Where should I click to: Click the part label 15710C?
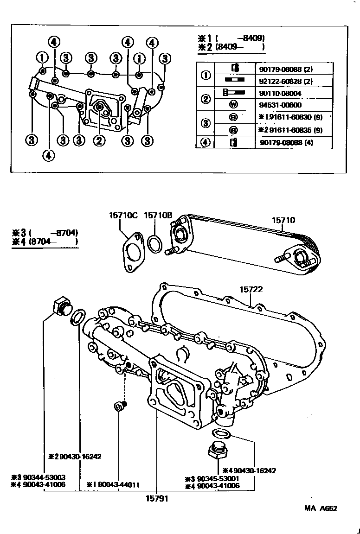pos(123,215)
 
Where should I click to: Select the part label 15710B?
pos(158,215)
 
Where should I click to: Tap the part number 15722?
pos(251,289)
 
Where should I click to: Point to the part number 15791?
pos(155,499)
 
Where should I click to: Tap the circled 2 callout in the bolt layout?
pos(98,140)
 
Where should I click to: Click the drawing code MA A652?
pos(321,508)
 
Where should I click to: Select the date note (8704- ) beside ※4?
pos(53,241)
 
